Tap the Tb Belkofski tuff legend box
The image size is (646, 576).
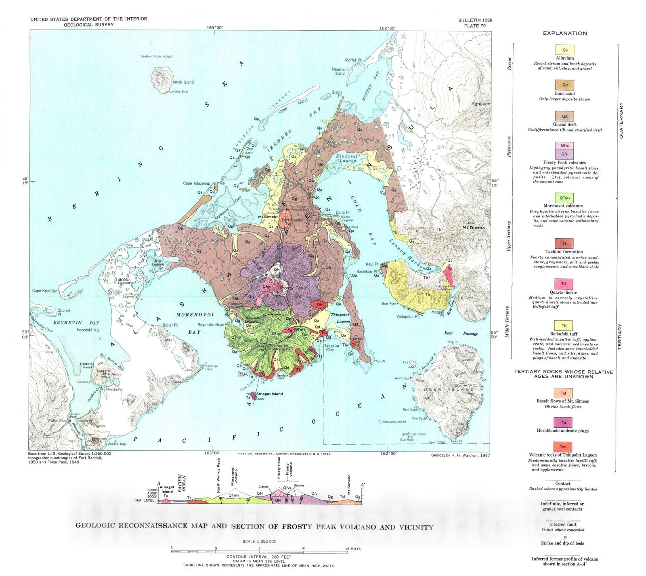[564, 326]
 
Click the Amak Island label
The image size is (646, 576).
[183, 82]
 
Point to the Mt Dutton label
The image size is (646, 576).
[474, 228]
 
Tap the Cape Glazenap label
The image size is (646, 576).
[196, 183]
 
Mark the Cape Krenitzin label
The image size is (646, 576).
[46, 291]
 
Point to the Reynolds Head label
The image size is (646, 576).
[211, 325]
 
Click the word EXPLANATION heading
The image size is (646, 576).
[565, 34]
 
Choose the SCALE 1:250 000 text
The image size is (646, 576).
[259, 541]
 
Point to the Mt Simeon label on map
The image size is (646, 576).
[268, 217]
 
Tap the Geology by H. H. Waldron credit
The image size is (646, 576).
[460, 455]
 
